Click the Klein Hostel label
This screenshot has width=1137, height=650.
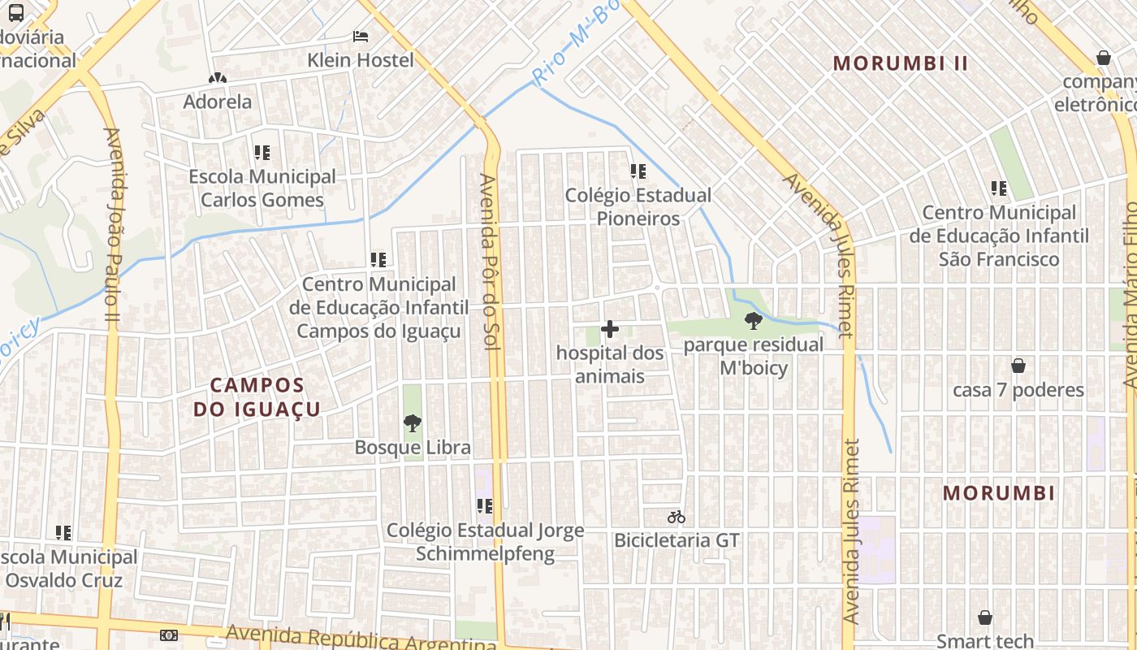pos(360,60)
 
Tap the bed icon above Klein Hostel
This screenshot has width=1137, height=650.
pos(361,37)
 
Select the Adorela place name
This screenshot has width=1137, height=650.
pos(217,102)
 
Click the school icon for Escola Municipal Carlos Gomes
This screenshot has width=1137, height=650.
pos(262,153)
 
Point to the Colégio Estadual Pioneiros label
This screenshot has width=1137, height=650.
pos(638,206)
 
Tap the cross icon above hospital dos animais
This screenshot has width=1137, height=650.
pos(610,329)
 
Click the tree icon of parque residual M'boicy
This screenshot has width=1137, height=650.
pos(753,321)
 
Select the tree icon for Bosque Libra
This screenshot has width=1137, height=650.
pos(413,423)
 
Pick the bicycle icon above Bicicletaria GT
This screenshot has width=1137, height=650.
pos(676,517)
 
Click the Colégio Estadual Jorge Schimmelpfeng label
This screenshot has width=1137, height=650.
pos(485,542)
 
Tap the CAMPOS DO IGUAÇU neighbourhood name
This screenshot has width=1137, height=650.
pos(257,396)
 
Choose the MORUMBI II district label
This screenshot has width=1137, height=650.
pos(901,63)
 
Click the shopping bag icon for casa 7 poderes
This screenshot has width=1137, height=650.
pos(1018,366)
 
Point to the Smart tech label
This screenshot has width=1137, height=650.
pos(984,641)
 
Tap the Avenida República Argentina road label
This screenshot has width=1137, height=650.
pos(361,639)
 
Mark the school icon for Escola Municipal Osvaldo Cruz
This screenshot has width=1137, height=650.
pos(63,533)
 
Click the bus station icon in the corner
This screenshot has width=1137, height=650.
pos(15,12)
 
